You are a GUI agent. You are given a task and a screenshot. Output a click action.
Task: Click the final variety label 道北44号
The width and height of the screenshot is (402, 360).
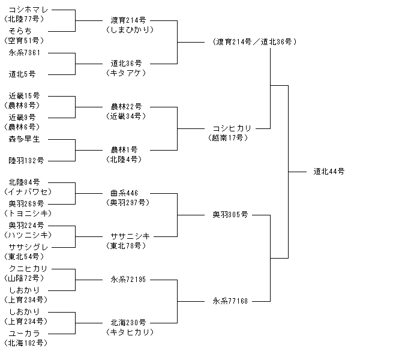point(329,171)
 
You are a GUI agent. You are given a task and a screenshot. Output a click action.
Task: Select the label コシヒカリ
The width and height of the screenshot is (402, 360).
point(232,128)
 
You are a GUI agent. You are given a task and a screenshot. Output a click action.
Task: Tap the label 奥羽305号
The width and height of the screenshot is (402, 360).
point(230,214)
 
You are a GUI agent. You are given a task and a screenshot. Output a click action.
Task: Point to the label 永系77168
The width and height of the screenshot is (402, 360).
point(230,301)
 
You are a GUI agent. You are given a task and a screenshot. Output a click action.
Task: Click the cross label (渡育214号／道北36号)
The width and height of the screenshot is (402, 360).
point(254,41)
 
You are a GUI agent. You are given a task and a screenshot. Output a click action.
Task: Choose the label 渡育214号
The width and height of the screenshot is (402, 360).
point(128,20)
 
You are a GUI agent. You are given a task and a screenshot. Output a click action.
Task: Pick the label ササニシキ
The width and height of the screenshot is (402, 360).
point(130,236)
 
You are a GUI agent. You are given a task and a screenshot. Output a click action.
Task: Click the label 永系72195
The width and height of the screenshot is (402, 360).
point(128,279)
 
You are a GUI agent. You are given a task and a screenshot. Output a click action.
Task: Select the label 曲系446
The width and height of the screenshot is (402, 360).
point(124,193)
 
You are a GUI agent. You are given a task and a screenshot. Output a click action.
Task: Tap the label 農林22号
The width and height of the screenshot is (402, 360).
point(126,106)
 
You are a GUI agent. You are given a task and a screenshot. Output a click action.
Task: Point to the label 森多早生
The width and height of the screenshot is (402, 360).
point(25,139)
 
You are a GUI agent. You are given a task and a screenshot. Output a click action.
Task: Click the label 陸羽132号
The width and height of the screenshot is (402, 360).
point(26,161)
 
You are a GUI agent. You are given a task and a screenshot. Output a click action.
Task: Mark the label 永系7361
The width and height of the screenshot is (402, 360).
point(25,53)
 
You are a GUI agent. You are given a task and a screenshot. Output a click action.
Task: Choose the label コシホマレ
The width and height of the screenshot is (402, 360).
point(28,10)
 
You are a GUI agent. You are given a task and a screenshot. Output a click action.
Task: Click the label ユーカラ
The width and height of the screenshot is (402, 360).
point(25,334)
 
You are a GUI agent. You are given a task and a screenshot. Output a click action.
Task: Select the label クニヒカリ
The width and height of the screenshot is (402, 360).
point(28,268)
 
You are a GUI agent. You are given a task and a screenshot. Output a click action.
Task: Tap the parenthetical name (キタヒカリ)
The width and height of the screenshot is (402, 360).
point(130,332)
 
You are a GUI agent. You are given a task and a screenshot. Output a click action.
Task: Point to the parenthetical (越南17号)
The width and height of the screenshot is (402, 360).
point(228,138)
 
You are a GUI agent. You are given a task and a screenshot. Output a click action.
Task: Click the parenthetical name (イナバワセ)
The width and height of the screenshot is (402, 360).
point(28,192)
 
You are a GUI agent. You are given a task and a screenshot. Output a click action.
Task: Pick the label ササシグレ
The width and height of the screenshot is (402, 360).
point(28,247)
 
